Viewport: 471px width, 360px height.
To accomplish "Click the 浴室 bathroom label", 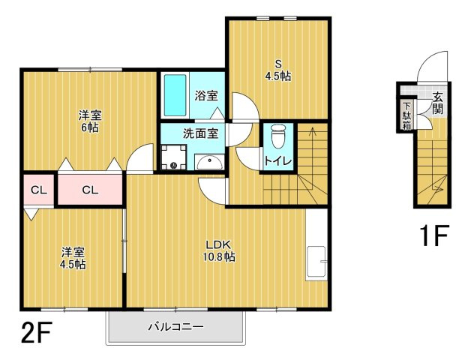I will pyautogui.click(x=206, y=95).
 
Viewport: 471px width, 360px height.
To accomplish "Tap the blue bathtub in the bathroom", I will pyautogui.click(x=175, y=95).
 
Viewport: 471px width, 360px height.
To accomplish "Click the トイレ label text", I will pyautogui.click(x=277, y=160).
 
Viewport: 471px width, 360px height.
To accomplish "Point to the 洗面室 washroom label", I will pyautogui.click(x=200, y=133).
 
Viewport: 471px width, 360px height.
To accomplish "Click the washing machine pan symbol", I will pyautogui.click(x=174, y=157).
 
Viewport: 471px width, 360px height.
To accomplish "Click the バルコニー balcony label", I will pyautogui.click(x=175, y=327).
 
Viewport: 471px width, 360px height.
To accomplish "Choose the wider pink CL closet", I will pyautogui.click(x=89, y=190).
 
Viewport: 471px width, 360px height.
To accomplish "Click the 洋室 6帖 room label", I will pyautogui.click(x=91, y=121).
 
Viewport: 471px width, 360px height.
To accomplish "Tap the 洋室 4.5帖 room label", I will pyautogui.click(x=73, y=258).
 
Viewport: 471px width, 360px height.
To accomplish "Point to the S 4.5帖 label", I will pyautogui.click(x=277, y=70).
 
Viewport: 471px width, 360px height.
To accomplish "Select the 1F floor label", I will pyautogui.click(x=433, y=236).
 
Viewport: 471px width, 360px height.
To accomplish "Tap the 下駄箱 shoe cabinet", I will pyautogui.click(x=406, y=115).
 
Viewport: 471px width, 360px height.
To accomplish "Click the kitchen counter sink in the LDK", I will pyautogui.click(x=316, y=261).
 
